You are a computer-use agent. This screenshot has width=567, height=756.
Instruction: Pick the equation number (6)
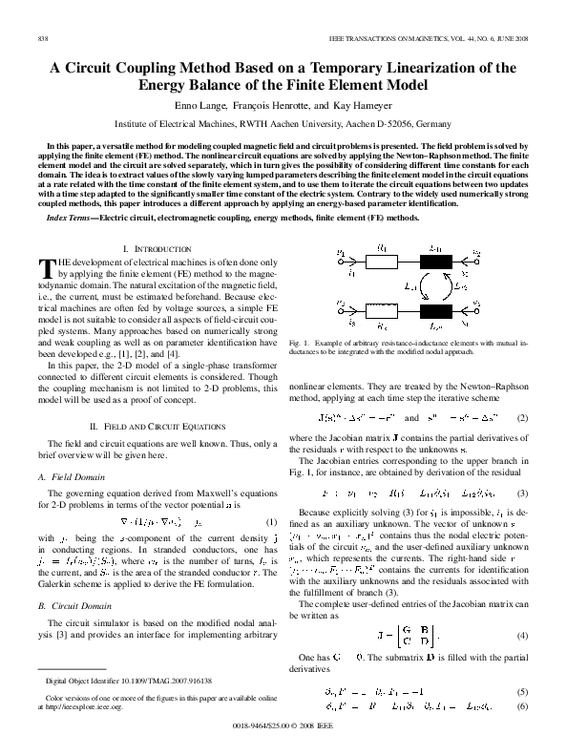pyautogui.click(x=521, y=705)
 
